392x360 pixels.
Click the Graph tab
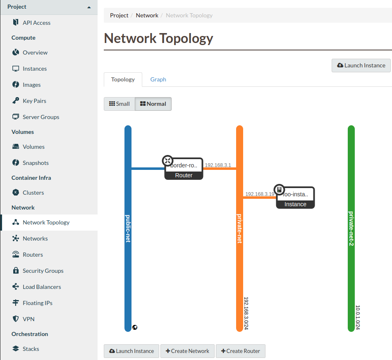158,79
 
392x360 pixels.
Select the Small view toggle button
120,104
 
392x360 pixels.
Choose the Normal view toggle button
153,104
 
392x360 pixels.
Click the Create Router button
240,351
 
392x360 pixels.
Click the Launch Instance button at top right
361,65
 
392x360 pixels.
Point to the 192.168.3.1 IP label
218,165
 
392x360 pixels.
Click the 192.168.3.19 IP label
260,194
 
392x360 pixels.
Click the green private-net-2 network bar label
351,229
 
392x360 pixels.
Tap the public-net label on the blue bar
128,229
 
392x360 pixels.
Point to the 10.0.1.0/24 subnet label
358,317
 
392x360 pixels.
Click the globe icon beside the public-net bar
135,327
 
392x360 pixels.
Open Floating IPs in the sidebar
37,303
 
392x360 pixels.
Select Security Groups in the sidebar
43,271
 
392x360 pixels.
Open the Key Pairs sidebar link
34,101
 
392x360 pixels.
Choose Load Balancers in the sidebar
42,287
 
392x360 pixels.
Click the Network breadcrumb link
147,15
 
